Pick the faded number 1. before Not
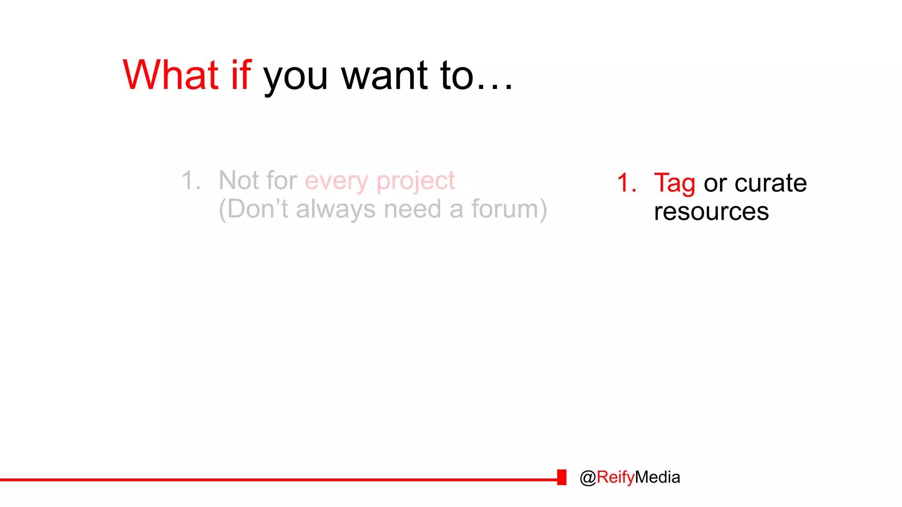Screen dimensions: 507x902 [x=191, y=180]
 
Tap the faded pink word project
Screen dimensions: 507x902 [x=416, y=181]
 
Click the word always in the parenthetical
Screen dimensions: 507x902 [x=336, y=209]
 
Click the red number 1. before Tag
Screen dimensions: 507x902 [x=627, y=183]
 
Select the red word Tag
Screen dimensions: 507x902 [x=674, y=184]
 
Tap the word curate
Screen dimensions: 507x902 [x=771, y=183]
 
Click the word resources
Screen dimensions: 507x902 [x=711, y=212]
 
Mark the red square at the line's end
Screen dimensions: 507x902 [x=562, y=477]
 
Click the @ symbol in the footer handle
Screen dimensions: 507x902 [x=588, y=478]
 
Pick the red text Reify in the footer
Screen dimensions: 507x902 [x=616, y=478]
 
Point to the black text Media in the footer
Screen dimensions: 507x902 [x=658, y=477]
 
